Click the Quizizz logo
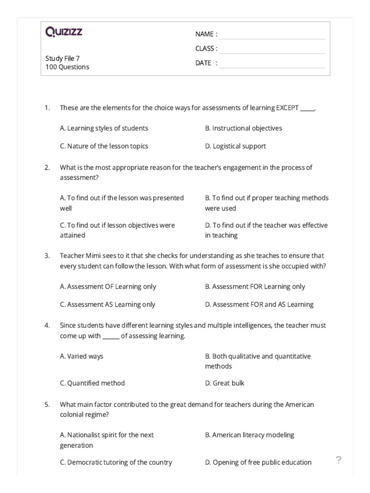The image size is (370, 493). [x=64, y=32]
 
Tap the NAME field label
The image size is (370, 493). [x=206, y=34]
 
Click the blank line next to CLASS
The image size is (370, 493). [x=272, y=49]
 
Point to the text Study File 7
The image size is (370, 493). [x=63, y=58]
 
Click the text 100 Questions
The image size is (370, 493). [x=67, y=67]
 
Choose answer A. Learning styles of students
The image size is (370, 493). [x=104, y=128]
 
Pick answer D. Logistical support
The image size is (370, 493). [x=235, y=146]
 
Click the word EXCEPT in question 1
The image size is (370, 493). [x=287, y=107]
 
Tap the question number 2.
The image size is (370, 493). [x=47, y=168]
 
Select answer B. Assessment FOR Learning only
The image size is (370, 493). [x=255, y=286]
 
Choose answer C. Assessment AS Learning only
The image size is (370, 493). [x=107, y=304]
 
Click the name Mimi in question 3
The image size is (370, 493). [x=94, y=256]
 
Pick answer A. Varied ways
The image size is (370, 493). [x=81, y=356]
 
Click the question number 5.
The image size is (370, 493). [x=47, y=404]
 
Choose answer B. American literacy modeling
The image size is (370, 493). [x=249, y=435]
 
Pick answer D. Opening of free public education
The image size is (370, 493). [x=258, y=462]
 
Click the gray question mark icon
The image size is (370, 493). [x=338, y=460]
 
